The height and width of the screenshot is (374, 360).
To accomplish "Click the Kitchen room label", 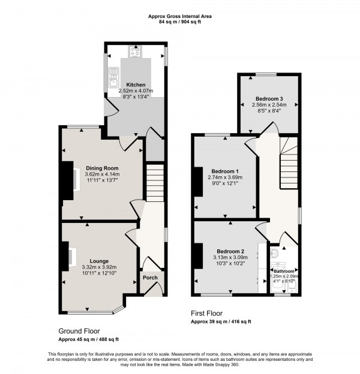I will pos(136,85).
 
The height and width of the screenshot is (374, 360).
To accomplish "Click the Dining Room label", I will pos(102,168).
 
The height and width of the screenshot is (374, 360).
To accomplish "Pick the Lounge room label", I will pos(100,261).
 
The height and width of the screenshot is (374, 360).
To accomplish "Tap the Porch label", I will pos(149,278).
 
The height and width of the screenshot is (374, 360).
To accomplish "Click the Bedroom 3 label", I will pos(268,98).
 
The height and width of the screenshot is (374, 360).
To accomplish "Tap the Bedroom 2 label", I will pos(230,251).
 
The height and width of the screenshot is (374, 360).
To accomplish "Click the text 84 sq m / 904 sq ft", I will pos(179,22).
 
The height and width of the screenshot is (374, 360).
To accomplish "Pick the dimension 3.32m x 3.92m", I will pos(100,267).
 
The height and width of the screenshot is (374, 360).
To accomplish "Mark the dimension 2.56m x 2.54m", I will pos(268,105).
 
